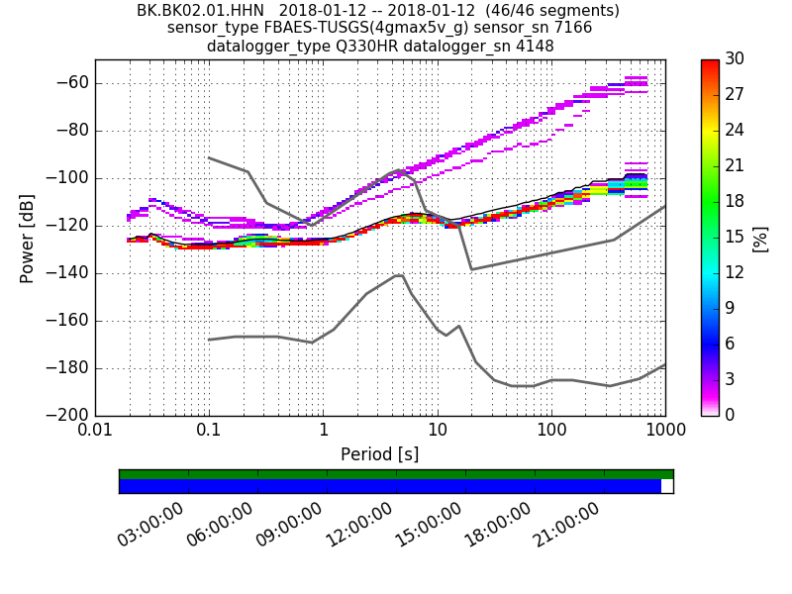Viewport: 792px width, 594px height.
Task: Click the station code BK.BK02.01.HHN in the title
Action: pos(200,11)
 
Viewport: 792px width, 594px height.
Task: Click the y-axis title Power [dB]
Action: pos(28,238)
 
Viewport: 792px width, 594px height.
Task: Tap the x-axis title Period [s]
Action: pos(379,454)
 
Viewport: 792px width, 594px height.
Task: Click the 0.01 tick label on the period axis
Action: pos(95,432)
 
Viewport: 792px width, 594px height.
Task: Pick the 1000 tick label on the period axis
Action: pos(664,432)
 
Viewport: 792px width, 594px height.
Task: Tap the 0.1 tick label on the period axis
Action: pos(209,432)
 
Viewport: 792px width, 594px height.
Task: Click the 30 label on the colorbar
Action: pos(735,59)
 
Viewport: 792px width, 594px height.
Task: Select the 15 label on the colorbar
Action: pos(735,238)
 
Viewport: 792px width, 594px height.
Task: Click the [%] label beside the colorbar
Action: pos(760,239)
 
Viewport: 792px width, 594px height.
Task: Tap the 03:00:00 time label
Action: pos(150,525)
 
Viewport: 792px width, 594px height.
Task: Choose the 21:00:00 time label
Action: pos(566,525)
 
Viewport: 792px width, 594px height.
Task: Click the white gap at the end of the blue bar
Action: pos(666,486)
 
